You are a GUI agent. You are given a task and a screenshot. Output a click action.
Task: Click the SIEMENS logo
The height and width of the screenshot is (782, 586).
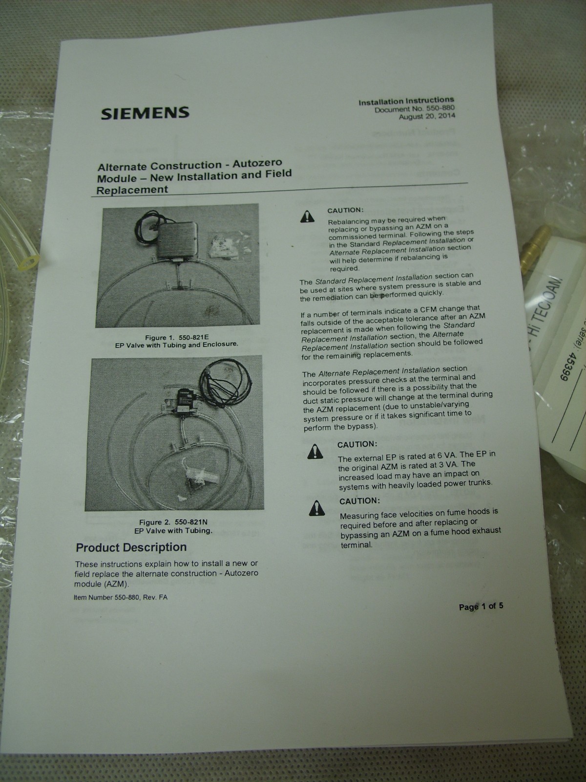(x=145, y=112)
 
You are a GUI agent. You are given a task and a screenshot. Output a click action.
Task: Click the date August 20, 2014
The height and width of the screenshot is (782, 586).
(x=426, y=117)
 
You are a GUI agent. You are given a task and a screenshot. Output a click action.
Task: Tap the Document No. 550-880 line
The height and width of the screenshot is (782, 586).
(x=415, y=109)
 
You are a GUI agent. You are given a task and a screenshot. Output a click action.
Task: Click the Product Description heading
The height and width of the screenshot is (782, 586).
(x=131, y=547)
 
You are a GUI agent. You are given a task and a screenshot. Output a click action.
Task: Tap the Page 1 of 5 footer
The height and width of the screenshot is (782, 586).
(x=481, y=607)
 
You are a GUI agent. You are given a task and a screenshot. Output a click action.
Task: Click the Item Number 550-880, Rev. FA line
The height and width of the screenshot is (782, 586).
(x=120, y=597)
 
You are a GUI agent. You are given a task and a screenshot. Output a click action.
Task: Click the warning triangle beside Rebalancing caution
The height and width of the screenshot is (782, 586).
(x=307, y=216)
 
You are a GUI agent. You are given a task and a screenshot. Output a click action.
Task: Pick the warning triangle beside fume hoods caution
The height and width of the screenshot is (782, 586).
(x=317, y=509)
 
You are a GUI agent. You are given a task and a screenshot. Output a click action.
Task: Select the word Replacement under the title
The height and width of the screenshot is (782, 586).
(x=132, y=190)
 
